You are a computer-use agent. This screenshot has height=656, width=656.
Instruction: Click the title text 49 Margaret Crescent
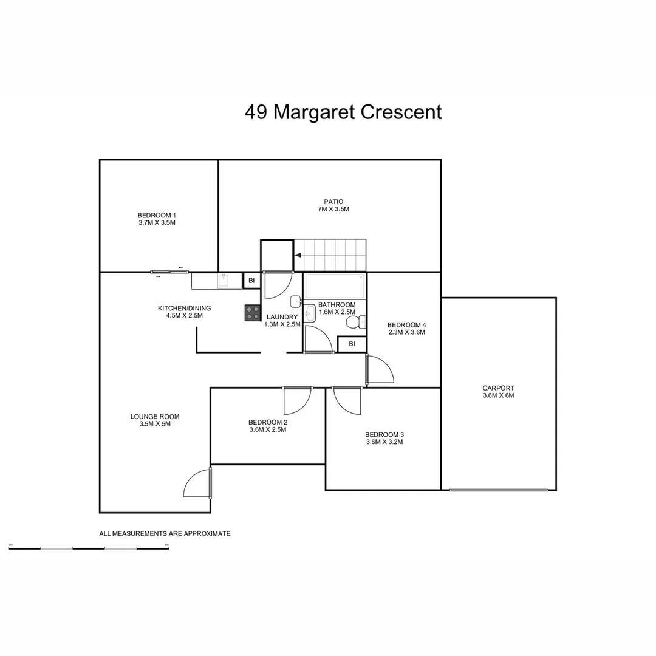coord(343,112)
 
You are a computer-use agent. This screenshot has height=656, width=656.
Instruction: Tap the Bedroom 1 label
coord(157,219)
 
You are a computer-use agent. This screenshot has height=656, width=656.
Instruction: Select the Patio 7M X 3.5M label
coord(333,205)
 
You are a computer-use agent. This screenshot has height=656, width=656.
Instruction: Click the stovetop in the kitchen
coord(253,313)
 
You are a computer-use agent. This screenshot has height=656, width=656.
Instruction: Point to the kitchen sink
coord(224,281)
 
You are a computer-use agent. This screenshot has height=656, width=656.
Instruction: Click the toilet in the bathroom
coord(355,322)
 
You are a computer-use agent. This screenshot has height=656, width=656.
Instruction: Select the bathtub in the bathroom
coord(335,285)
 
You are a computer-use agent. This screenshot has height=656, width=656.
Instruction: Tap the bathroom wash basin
coord(310,314)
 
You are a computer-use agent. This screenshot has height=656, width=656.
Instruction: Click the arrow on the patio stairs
coord(298,256)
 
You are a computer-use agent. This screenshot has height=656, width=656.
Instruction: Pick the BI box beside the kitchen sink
coord(251,281)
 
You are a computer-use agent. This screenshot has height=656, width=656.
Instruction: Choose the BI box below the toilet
coord(352,344)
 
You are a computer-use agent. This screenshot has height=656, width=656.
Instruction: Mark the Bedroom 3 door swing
coord(347,400)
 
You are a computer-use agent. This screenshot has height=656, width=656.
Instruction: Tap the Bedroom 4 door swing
coord(380,369)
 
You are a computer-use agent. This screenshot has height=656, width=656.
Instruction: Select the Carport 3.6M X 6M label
coord(498,392)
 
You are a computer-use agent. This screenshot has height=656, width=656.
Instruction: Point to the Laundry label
coord(282,321)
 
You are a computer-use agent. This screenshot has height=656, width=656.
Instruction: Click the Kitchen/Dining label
coord(184,312)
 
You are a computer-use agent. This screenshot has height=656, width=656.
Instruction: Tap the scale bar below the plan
coord(89,548)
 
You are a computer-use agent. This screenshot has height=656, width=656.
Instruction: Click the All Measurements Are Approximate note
coord(165,533)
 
